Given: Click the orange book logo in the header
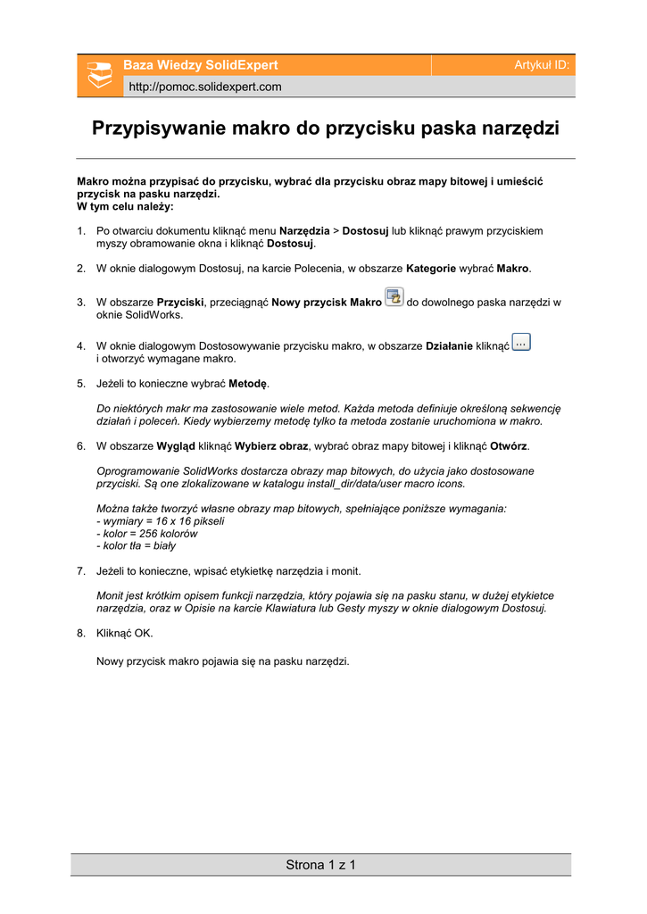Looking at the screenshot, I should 97,75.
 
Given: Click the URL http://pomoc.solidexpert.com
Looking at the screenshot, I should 205,87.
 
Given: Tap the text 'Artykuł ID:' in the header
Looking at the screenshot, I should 542,65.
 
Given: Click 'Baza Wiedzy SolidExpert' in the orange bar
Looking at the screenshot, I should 201,65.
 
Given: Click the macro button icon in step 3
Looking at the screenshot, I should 394,297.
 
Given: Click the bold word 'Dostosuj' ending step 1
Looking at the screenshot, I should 291,243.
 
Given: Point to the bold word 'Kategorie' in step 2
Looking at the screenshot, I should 431,268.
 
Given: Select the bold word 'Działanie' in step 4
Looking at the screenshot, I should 449,345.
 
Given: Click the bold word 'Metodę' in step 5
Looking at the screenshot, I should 249,384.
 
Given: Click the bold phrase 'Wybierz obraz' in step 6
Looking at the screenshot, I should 271,445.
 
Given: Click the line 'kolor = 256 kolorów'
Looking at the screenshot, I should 148,533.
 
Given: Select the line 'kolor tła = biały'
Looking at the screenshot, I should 137,545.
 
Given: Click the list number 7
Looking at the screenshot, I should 80,569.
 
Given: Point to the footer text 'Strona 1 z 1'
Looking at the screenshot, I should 321,864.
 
